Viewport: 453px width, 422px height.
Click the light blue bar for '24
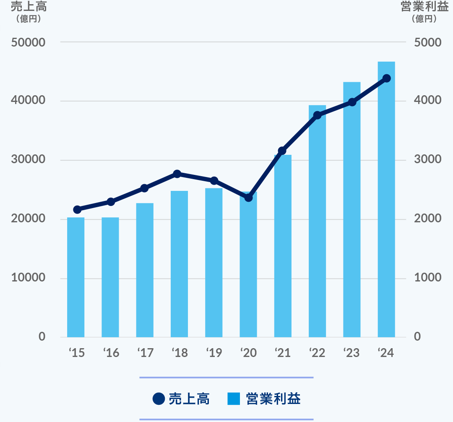click(x=386, y=201)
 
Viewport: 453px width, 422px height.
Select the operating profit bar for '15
click(x=76, y=277)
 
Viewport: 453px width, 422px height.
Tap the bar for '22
click(x=317, y=222)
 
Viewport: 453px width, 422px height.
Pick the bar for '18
click(x=179, y=264)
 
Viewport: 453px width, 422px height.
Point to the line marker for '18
click(x=177, y=174)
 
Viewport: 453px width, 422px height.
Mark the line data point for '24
click(x=387, y=78)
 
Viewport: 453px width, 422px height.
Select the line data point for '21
click(x=282, y=151)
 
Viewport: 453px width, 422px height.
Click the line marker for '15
click(x=77, y=209)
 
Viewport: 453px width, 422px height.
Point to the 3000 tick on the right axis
click(x=427, y=160)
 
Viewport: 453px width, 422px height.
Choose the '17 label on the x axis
click(x=145, y=353)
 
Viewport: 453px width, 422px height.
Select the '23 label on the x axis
click(x=351, y=353)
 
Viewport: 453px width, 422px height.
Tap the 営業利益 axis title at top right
click(x=424, y=7)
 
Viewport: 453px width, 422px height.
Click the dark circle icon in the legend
click(x=159, y=399)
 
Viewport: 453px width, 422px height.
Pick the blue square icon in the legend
click(x=234, y=399)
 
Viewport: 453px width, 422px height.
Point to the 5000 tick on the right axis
click(x=427, y=43)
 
